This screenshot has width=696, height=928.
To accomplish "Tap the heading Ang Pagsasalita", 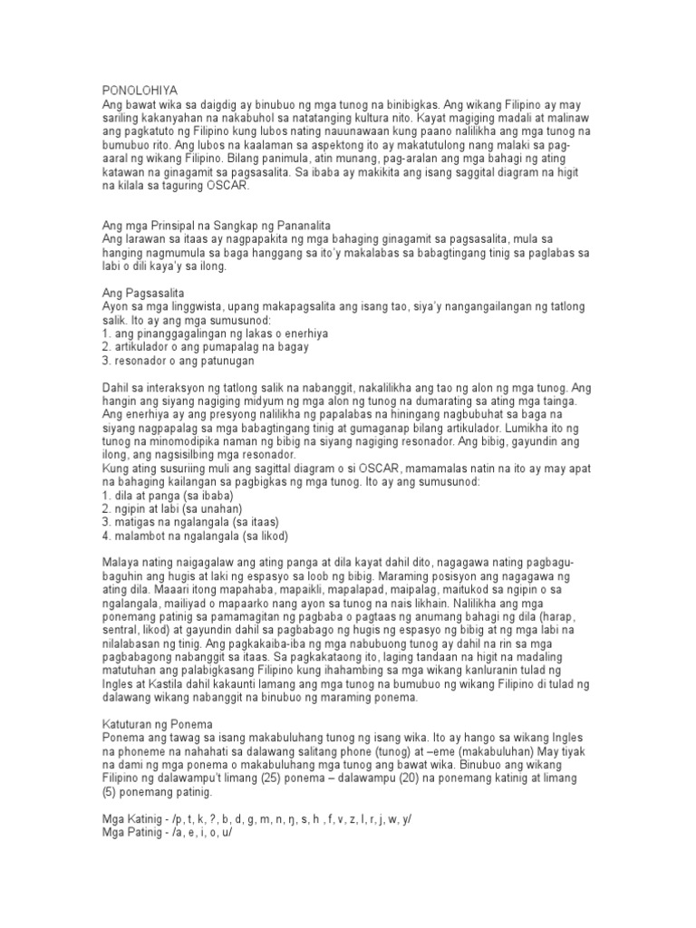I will [143, 295].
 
